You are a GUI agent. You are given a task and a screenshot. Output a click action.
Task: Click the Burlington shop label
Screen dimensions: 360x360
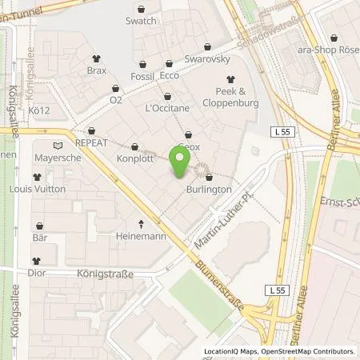[211, 190]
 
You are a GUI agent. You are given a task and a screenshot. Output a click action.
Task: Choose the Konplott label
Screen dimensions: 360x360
[134, 158]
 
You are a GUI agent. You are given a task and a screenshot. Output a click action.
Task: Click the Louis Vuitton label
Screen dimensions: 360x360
[37, 190]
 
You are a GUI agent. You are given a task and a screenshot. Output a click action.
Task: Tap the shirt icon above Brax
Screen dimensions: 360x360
[96, 58]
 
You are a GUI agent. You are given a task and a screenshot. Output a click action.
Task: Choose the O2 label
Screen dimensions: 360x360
[117, 99]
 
